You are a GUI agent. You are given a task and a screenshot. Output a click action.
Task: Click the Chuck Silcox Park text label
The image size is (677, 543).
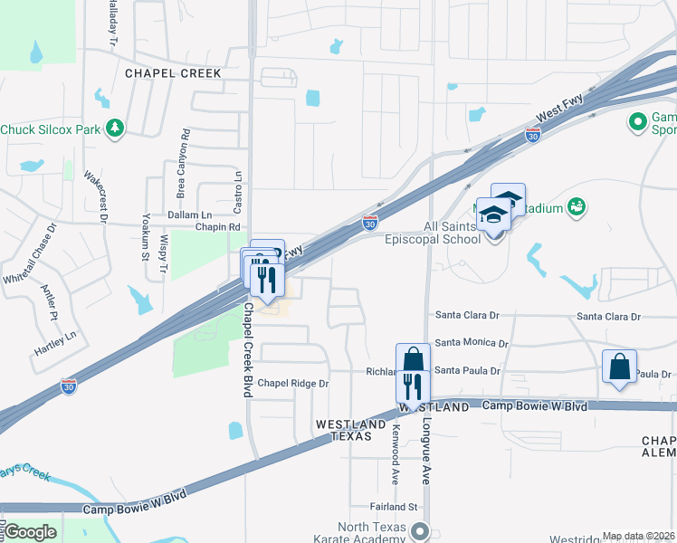click(50, 129)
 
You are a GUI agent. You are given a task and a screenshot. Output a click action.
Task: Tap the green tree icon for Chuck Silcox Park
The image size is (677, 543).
click(114, 129)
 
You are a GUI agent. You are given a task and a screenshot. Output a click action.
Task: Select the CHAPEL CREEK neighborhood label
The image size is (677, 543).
click(173, 73)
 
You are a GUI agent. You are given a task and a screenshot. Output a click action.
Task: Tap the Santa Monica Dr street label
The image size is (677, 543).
click(472, 343)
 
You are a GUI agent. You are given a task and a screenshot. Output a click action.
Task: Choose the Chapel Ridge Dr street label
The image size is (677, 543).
click(293, 384)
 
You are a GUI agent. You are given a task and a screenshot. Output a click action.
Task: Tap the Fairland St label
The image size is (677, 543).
click(392, 508)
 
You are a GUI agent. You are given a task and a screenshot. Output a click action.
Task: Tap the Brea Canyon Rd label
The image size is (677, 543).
click(184, 164)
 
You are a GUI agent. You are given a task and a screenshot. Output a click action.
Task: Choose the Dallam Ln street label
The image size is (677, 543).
click(189, 214)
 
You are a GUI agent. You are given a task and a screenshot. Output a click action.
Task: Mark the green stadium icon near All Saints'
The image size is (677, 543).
click(577, 208)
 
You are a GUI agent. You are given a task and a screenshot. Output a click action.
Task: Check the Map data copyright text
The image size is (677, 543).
click(637, 536)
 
